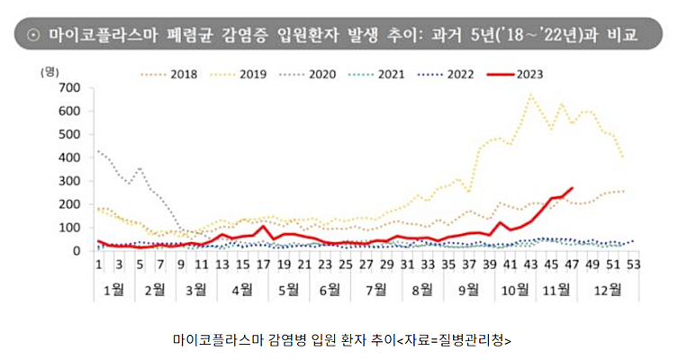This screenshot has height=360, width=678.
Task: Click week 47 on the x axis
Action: coord(570,265)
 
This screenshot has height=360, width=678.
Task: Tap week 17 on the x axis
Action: coord(262,265)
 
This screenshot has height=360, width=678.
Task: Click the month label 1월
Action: coord(113,289)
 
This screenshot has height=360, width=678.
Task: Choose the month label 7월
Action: coord(375,289)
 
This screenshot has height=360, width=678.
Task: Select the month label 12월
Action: coord(608,289)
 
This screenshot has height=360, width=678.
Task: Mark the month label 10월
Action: coord(515,289)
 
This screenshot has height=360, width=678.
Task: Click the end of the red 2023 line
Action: coord(572,188)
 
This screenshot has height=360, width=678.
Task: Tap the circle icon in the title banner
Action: coord(31,35)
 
